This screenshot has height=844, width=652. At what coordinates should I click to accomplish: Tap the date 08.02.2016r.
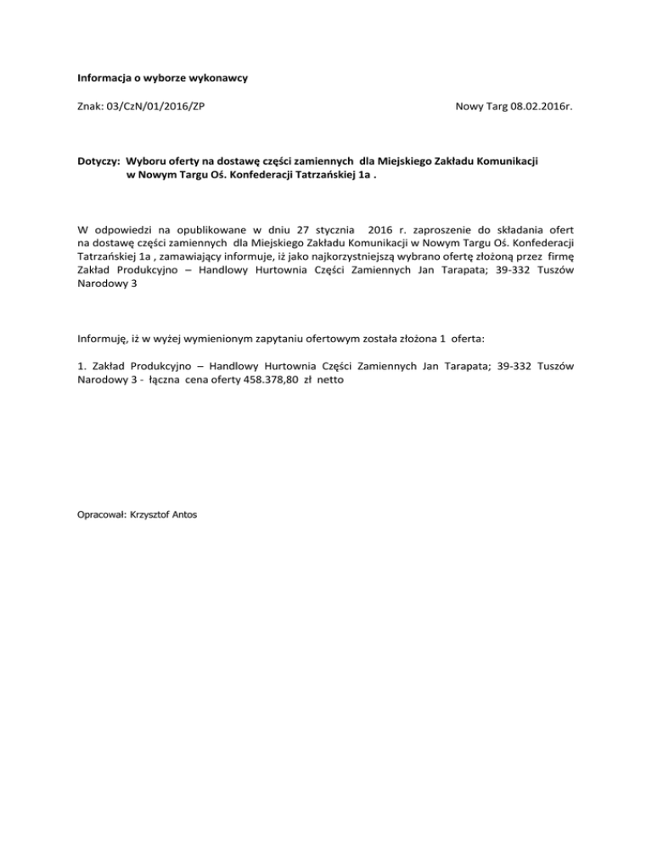(538, 108)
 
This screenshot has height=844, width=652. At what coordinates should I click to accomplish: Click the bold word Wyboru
(149, 160)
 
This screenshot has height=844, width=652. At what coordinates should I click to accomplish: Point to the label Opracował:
(102, 514)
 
